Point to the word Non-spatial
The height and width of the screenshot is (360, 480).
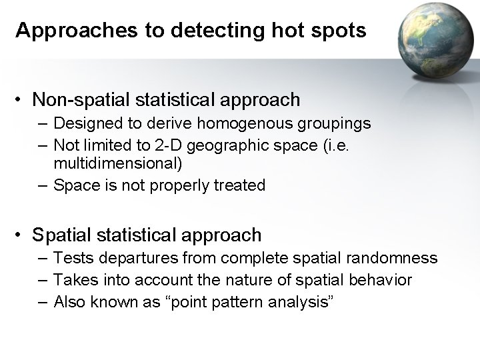point(82,100)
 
